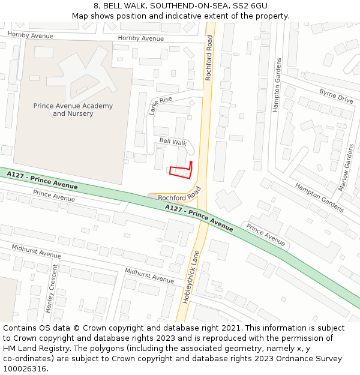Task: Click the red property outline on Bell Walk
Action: [181, 172]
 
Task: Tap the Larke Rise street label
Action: [160, 105]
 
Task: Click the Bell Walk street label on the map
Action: [173, 142]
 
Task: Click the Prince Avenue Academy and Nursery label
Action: [73, 110]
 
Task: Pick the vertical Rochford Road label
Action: [209, 58]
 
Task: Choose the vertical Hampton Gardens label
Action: [277, 85]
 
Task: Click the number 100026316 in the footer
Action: [26, 368]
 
